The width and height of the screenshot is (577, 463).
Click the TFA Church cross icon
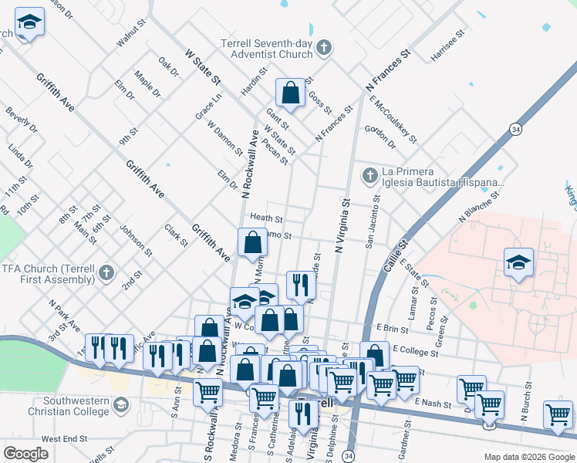pos(106,272)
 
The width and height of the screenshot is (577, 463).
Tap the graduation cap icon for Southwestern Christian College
pos(120,404)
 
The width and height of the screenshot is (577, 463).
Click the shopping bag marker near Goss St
pos(291,93)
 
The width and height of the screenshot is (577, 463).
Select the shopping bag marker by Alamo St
pos(253,243)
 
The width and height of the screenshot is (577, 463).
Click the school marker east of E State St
pos(518,263)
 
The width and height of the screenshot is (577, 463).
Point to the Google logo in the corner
pos(25,454)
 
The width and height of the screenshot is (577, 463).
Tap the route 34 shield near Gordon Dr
pos(515,128)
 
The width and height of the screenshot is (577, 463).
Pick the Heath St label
pos(267,219)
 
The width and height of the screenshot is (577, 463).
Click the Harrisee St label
pos(449,46)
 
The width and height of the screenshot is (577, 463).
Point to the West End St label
pos(65,438)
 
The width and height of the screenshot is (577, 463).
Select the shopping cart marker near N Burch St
pos(557,414)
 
